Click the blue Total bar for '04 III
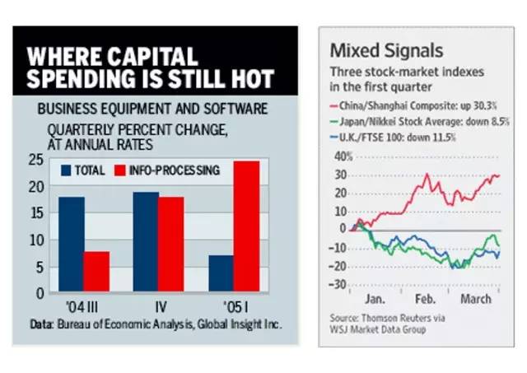pyautogui.click(x=71, y=245)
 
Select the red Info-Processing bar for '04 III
pyautogui.click(x=96, y=272)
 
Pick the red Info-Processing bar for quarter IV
pyautogui.click(x=171, y=245)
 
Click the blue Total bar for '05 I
pyautogui.click(x=222, y=273)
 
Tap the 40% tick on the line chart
pyautogui.click(x=339, y=156)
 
